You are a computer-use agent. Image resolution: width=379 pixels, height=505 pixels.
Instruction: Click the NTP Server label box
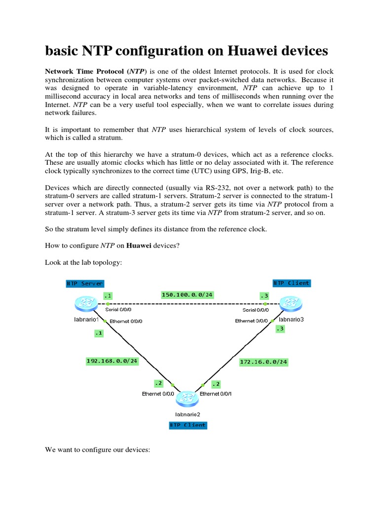pos(84,284)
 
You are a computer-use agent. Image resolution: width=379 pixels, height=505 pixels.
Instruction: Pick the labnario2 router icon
pos(187,398)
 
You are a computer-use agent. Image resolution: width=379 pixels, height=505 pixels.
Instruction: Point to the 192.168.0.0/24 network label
pos(112,361)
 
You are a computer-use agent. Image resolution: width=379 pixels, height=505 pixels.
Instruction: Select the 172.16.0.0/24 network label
pos(264,362)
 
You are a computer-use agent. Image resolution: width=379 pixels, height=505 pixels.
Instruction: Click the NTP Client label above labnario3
pos(291,283)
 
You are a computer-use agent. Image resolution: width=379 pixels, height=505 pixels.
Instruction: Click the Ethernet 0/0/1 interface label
pos(216,394)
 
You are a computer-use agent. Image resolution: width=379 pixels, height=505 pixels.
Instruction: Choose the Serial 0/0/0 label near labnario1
pos(118,310)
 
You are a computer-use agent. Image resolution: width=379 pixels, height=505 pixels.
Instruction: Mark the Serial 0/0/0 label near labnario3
pos(256,310)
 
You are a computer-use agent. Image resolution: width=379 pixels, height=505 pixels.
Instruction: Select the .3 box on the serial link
pos(265,296)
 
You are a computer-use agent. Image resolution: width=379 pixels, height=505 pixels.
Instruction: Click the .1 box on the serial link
pos(108,296)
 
